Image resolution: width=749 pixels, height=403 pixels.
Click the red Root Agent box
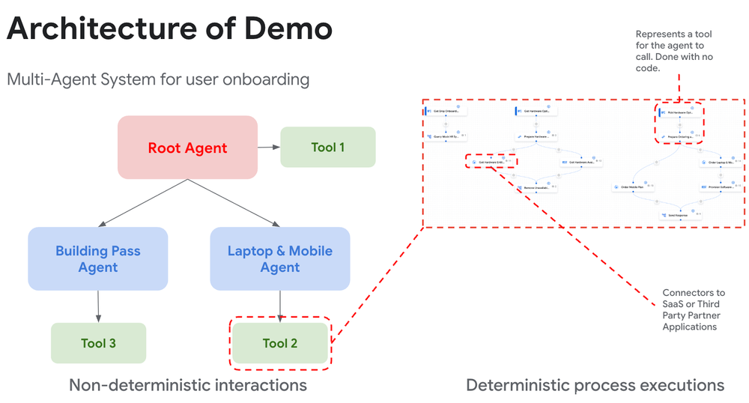pyautogui.click(x=187, y=147)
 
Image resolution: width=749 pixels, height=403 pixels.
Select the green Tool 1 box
pyautogui.click(x=327, y=147)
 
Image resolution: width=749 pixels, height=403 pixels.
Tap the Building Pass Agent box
pyautogui.click(x=97, y=258)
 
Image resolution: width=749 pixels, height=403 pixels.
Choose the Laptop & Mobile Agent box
pyautogui.click(x=279, y=258)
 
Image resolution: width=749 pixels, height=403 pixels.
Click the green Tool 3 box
pyautogui.click(x=98, y=343)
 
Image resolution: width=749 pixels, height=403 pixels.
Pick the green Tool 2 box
pyautogui.click(x=279, y=343)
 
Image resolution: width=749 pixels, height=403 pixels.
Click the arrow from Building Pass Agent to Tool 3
pyautogui.click(x=98, y=306)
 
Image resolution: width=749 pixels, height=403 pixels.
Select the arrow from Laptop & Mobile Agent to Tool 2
pyautogui.click(x=279, y=303)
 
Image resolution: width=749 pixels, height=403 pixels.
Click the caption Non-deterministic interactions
pyautogui.click(x=188, y=385)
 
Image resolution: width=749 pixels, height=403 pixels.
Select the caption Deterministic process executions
pyautogui.click(x=595, y=385)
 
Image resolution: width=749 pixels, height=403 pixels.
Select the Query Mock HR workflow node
pyautogui.click(x=446, y=136)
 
